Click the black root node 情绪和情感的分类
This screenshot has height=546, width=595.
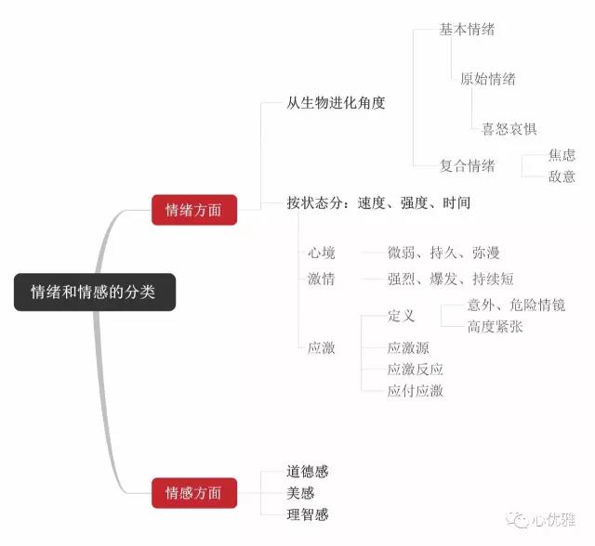tap(94, 292)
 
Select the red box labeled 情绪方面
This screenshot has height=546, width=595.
tap(193, 209)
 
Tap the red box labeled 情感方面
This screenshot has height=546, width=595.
tap(193, 492)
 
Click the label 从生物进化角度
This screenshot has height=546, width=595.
tap(336, 103)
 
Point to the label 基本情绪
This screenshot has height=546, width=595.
tap(467, 29)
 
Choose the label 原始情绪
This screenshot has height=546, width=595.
tap(488, 79)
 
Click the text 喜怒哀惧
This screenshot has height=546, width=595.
tap(509, 129)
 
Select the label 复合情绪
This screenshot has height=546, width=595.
tap(467, 166)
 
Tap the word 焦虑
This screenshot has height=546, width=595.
tap(562, 155)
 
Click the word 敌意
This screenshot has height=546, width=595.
tap(562, 176)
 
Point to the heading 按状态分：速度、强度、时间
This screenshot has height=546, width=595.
tap(378, 202)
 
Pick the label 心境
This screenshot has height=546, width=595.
tap(322, 253)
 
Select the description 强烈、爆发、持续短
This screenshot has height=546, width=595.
tap(451, 279)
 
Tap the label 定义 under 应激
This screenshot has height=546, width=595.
tap(402, 316)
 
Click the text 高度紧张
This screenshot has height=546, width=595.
tap(495, 326)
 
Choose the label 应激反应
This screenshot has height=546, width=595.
tap(415, 370)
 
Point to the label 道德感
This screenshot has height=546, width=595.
tap(308, 472)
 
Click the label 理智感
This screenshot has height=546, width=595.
tap(308, 513)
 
